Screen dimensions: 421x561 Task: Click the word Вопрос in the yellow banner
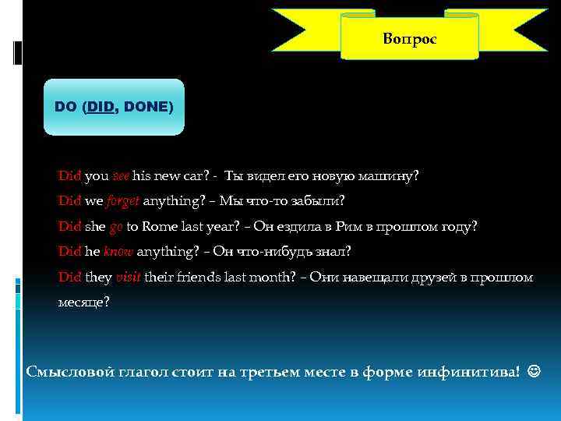(410, 38)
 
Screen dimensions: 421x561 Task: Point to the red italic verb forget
(123, 200)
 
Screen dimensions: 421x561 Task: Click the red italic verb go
(116, 226)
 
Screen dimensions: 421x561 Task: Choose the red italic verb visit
(128, 277)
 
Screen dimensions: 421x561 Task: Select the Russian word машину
(393, 175)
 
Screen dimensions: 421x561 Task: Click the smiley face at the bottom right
(532, 370)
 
